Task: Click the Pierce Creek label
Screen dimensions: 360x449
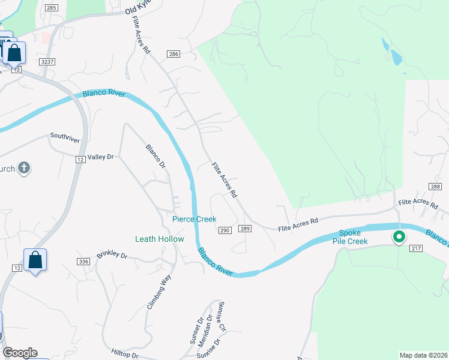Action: [194, 219]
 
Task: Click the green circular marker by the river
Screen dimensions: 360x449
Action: [399, 237]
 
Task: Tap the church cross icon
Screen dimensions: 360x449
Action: [23, 167]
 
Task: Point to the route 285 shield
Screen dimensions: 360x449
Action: [52, 8]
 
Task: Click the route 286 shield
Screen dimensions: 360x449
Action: [173, 54]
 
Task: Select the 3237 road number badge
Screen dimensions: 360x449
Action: [47, 62]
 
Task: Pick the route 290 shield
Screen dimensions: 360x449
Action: [225, 230]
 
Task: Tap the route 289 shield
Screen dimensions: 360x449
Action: [244, 229]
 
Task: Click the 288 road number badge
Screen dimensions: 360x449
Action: [435, 187]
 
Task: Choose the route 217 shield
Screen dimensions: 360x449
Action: [417, 248]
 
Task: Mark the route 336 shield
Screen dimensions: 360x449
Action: [83, 261]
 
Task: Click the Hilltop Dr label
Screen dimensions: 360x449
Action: [125, 355]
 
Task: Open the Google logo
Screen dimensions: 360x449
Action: [20, 353]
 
